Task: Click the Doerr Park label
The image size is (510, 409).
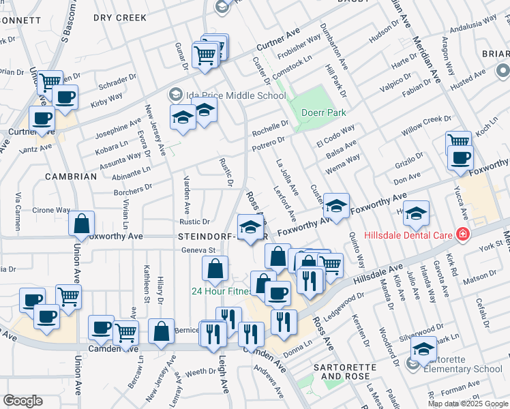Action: (324, 112)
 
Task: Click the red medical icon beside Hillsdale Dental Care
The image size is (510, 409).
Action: (464, 234)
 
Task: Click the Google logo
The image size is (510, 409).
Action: (23, 401)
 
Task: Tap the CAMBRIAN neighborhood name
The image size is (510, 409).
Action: (71, 177)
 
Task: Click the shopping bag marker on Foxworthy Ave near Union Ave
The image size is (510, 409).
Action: (81, 224)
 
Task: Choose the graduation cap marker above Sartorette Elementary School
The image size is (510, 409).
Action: (423, 349)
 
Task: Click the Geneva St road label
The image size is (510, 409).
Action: (197, 250)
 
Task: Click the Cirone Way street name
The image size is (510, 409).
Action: (52, 211)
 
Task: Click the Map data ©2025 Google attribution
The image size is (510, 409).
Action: (467, 404)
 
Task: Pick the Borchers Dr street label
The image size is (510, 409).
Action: (133, 189)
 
